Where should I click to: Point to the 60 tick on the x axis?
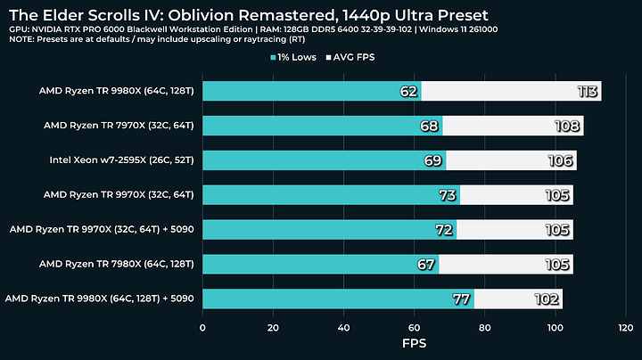(x=414, y=327)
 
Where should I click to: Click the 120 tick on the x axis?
(x=625, y=327)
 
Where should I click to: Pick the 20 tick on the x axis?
(x=273, y=327)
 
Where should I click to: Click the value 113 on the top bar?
(x=585, y=91)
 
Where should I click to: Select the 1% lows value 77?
(x=461, y=299)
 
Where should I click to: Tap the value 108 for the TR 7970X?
(x=568, y=126)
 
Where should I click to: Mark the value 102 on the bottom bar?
(x=547, y=299)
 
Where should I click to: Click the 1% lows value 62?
(x=408, y=91)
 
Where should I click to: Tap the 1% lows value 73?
(x=447, y=194)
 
